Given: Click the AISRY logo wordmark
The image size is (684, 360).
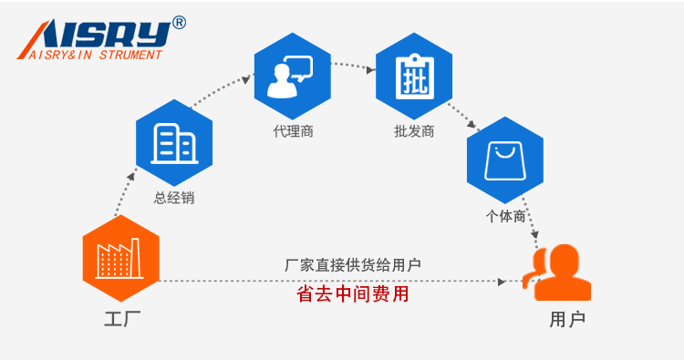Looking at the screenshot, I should pyautogui.click(x=96, y=34).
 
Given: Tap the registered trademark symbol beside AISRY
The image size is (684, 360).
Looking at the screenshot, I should pyautogui.click(x=179, y=23).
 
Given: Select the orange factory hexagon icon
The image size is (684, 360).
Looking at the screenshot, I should pyautogui.click(x=120, y=259).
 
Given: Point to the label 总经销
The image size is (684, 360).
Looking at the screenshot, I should pyautogui.click(x=173, y=198).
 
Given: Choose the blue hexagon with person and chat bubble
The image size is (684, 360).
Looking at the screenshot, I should pyautogui.click(x=292, y=77).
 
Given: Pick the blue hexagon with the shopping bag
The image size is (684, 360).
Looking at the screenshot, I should pyautogui.click(x=504, y=160).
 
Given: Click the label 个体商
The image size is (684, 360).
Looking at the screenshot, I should pyautogui.click(x=504, y=217).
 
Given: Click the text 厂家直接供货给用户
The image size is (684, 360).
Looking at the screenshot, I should pyautogui.click(x=353, y=265).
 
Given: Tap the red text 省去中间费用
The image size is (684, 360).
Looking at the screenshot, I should pyautogui.click(x=353, y=294).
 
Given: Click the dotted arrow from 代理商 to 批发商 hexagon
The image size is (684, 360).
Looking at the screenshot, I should pyautogui.click(x=353, y=66).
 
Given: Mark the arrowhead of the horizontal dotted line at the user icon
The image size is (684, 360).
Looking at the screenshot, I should pyautogui.click(x=503, y=282).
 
